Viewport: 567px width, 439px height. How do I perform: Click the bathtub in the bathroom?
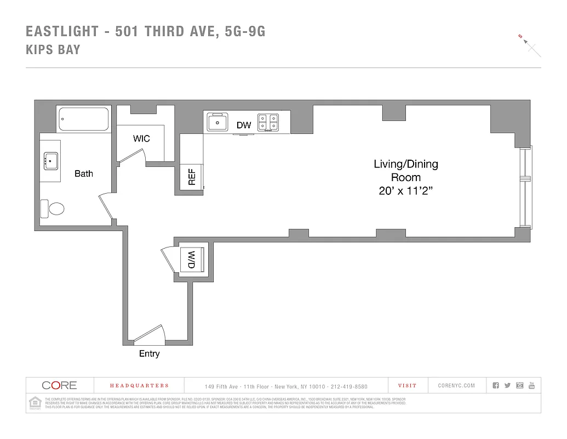[x=84, y=119]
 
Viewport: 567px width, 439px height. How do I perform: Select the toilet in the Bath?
[x=53, y=209]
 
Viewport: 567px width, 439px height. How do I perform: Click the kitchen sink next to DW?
[x=217, y=122]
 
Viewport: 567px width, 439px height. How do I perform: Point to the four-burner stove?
[x=268, y=122]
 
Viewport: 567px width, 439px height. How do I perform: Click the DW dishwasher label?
[x=244, y=126]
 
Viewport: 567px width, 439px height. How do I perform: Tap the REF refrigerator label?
[x=192, y=177]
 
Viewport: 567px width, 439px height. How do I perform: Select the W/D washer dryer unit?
[x=192, y=259]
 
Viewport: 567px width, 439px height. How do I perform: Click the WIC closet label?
[x=141, y=139]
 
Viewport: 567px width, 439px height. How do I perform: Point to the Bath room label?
[x=84, y=173]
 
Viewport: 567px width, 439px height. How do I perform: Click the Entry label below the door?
[x=149, y=354]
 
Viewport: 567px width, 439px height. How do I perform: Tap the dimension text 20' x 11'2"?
[x=405, y=191]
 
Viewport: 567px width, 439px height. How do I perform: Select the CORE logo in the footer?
[x=59, y=385]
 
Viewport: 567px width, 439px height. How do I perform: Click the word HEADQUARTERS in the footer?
[x=139, y=386]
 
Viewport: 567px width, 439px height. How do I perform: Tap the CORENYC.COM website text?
[x=456, y=386]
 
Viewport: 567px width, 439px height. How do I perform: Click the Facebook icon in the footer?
[x=496, y=386]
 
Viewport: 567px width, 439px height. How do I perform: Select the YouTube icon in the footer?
[x=531, y=386]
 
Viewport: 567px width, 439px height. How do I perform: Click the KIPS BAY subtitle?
[x=53, y=49]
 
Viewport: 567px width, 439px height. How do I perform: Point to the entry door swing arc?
[x=151, y=334]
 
